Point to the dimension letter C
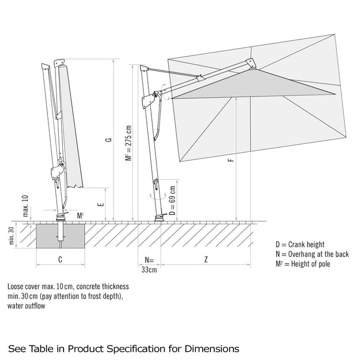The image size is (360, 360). (61, 259)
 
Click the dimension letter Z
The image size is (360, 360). (206, 259)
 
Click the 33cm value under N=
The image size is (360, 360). (149, 269)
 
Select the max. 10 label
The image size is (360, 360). (25, 205)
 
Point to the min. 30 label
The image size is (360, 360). (12, 236)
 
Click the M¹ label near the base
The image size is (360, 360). (80, 216)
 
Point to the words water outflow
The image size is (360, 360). (26, 306)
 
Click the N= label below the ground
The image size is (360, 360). (149, 259)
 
